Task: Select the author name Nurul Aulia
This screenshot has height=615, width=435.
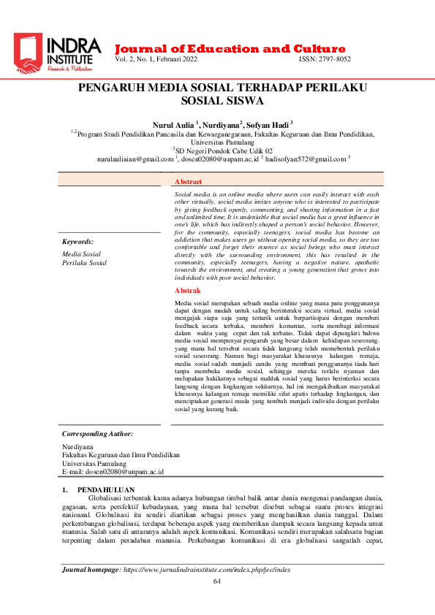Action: click(x=173, y=125)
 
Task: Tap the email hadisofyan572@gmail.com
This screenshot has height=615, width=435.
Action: click(x=306, y=158)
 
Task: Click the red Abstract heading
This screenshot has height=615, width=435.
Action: click(x=189, y=181)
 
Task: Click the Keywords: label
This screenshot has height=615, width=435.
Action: click(x=77, y=241)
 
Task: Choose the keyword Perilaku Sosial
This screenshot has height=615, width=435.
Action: click(x=84, y=262)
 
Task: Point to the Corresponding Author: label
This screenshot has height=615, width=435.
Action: click(x=97, y=433)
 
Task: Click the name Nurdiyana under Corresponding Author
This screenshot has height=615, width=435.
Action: click(x=78, y=446)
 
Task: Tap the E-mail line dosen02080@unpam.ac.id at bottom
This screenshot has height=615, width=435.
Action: click(x=113, y=472)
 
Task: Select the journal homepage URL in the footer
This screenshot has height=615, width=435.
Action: click(x=206, y=569)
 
